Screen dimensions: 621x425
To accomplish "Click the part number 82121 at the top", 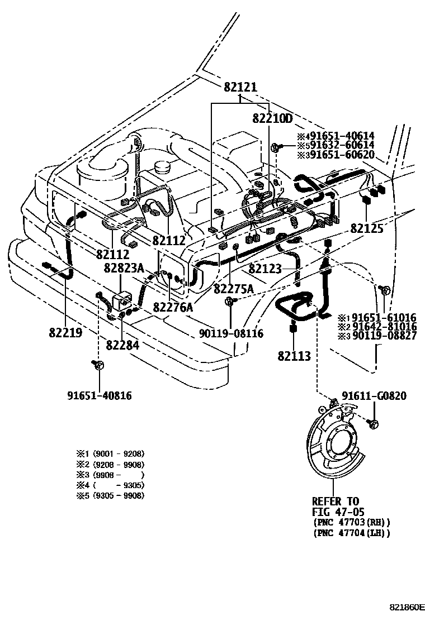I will point(240,88).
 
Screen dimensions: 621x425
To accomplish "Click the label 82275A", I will point(234,288).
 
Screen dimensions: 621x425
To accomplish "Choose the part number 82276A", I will point(173,307).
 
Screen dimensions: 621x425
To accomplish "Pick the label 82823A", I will point(124,268).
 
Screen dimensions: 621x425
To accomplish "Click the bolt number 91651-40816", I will point(100,396).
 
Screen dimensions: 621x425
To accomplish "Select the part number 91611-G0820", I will point(375,396).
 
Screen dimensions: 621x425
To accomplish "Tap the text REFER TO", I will point(336,501).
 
